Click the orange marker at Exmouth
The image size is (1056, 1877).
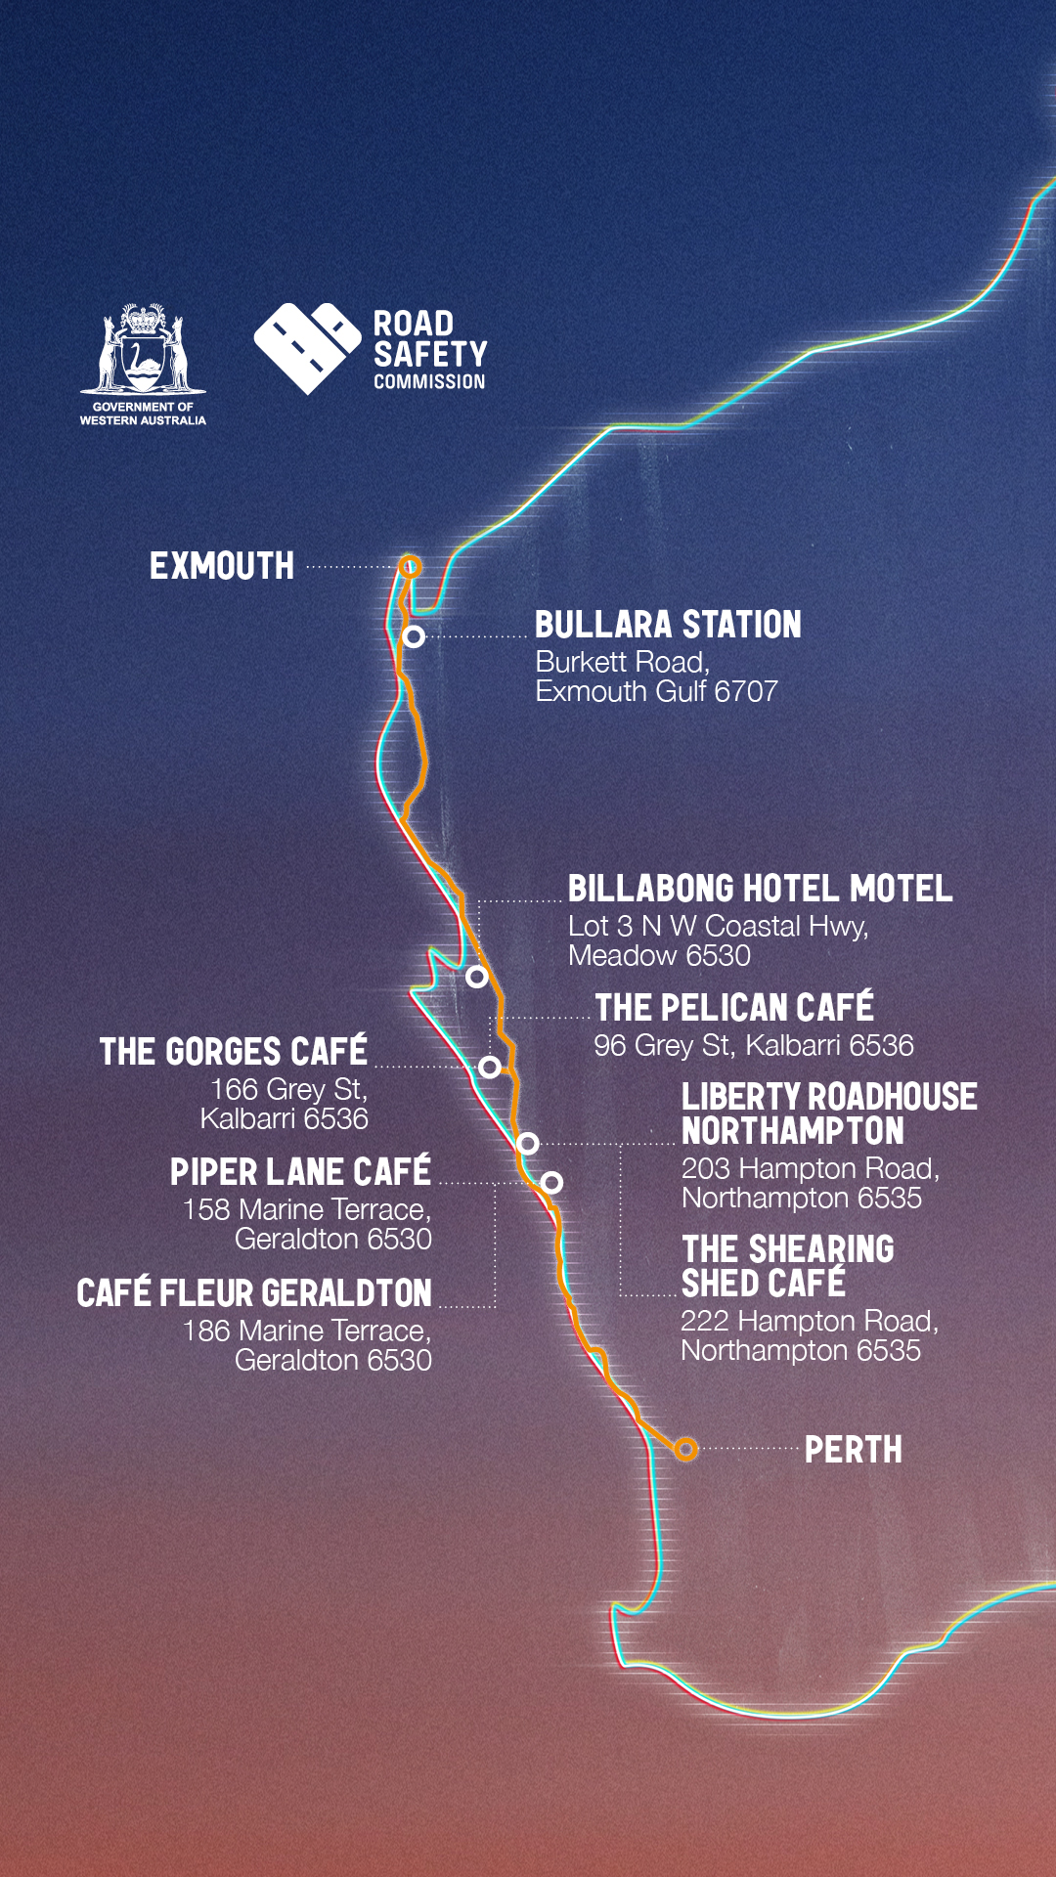pos(411,566)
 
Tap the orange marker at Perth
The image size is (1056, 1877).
pos(686,1449)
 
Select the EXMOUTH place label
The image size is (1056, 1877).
pos(222,566)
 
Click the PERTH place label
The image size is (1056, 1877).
pos(853,1450)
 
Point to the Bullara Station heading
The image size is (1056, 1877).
pos(668,625)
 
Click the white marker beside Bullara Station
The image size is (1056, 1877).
pos(415,636)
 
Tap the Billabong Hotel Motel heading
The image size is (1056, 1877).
pos(760,889)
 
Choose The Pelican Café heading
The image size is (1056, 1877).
pos(734,1007)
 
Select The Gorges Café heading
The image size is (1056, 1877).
pos(234,1051)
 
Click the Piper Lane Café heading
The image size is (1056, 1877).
pos(300,1171)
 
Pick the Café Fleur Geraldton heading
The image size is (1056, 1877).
pos(254,1292)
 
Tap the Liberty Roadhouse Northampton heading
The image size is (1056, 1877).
pos(828,1113)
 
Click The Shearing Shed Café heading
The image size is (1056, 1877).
pos(787,1266)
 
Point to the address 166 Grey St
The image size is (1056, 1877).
pos(288,1089)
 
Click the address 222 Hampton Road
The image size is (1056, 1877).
pos(809,1321)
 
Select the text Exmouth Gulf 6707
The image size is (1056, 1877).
pos(656,691)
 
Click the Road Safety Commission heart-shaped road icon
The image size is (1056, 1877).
pos(306,347)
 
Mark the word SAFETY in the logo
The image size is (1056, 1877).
pos(430,354)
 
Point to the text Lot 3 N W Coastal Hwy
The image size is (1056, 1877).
pos(718,926)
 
